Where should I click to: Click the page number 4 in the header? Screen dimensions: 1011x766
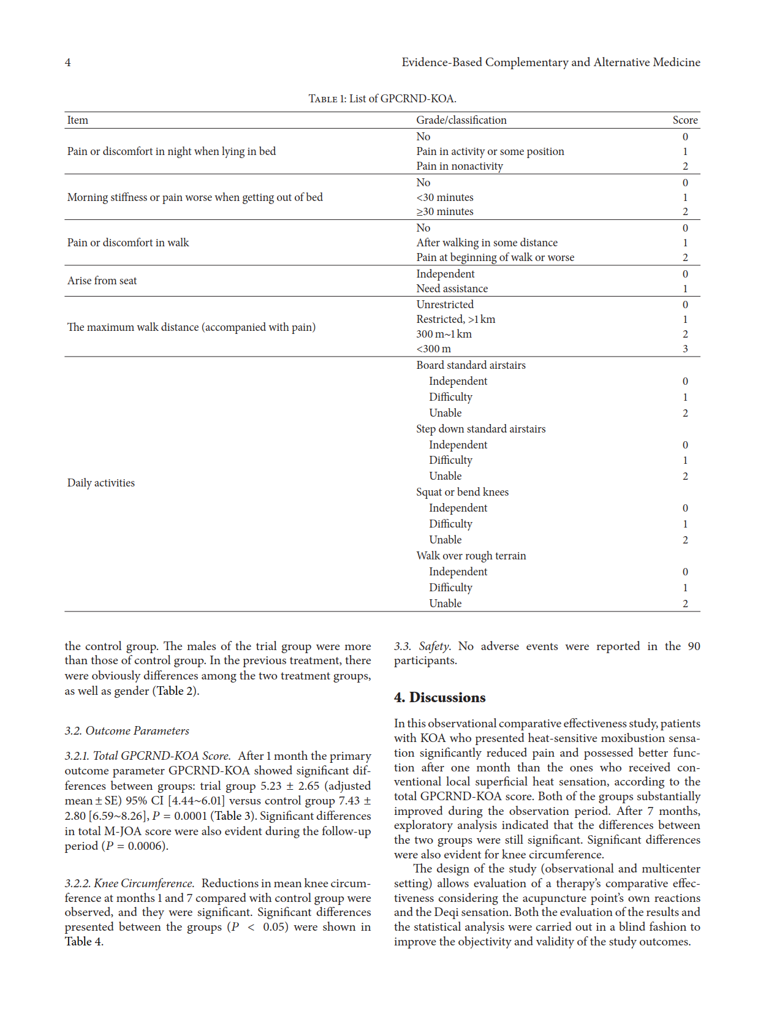(68, 62)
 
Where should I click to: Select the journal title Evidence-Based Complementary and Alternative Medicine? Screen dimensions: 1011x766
(550, 62)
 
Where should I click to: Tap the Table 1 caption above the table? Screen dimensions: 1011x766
(382, 99)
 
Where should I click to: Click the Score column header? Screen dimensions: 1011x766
(684, 120)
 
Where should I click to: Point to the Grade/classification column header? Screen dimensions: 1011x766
(461, 120)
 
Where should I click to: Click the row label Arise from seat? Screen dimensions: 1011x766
(102, 281)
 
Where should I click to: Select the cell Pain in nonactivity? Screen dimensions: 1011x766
(460, 166)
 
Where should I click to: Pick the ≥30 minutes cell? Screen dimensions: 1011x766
(445, 211)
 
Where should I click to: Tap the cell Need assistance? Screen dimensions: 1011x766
(452, 289)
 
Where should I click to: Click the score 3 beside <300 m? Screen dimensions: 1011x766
(685, 349)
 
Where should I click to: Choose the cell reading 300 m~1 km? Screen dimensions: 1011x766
(444, 334)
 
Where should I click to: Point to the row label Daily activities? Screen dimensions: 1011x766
(101, 483)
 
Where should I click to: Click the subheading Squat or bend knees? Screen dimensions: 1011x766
(462, 492)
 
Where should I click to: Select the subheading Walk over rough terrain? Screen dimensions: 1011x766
(471, 556)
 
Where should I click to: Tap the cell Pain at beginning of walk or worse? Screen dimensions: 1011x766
(495, 257)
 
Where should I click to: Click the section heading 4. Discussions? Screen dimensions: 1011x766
(439, 697)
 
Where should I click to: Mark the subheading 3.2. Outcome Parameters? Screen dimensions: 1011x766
(127, 730)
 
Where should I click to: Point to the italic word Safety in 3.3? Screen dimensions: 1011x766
(434, 646)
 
